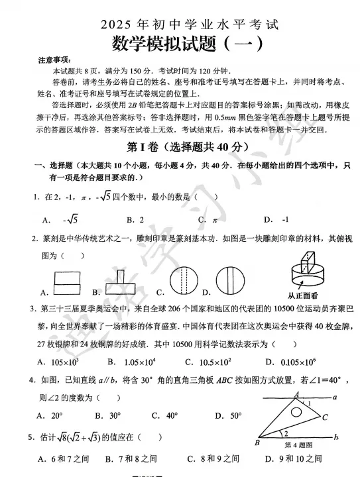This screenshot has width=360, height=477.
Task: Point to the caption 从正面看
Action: click(306, 295)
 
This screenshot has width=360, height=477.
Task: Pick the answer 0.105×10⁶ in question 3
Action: click(297, 361)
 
